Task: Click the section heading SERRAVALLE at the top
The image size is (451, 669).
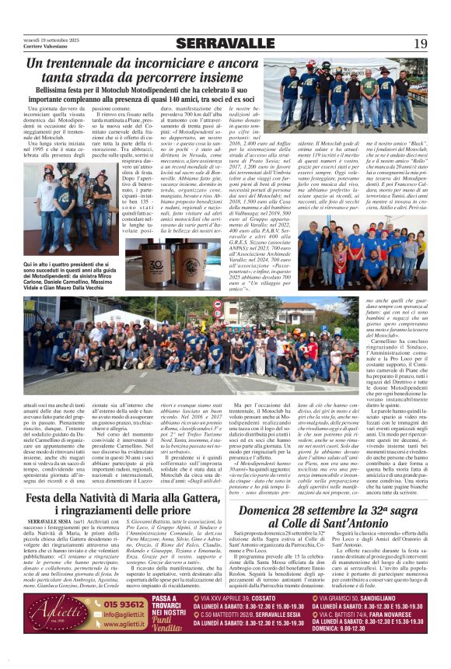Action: (225, 43)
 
